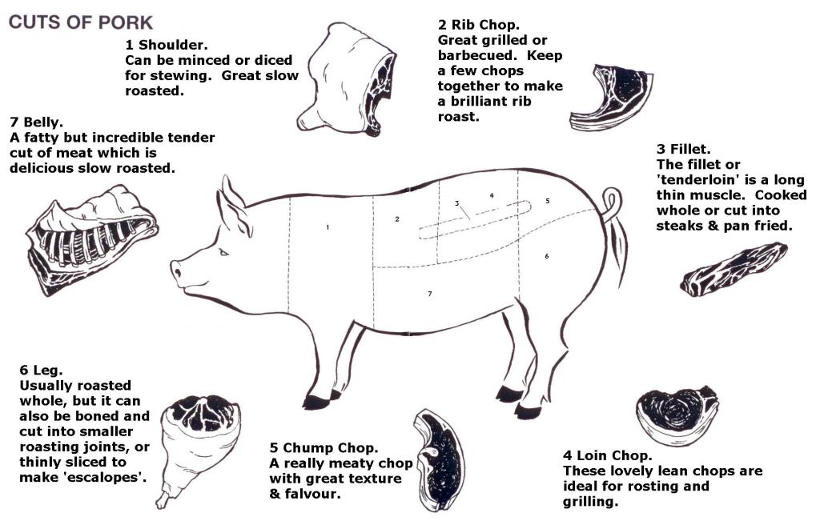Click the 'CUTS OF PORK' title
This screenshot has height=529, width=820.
click(x=81, y=22)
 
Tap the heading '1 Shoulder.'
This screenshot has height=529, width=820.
click(x=167, y=45)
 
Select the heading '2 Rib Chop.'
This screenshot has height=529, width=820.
click(x=479, y=25)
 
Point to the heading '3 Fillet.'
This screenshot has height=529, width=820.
click(x=684, y=149)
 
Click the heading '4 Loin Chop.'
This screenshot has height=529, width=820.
click(x=607, y=455)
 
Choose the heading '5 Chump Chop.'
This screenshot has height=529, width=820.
click(x=324, y=448)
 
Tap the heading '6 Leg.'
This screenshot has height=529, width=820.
click(x=41, y=370)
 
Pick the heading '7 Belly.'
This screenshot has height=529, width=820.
click(x=36, y=122)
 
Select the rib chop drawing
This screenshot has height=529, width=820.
click(x=610, y=98)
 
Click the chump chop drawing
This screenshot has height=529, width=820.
click(x=438, y=460)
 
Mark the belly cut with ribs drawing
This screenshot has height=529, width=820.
click(x=91, y=238)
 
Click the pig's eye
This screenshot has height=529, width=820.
click(x=223, y=252)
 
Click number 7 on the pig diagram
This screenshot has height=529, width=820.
click(x=430, y=294)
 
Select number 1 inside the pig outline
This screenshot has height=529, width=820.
click(x=328, y=227)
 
